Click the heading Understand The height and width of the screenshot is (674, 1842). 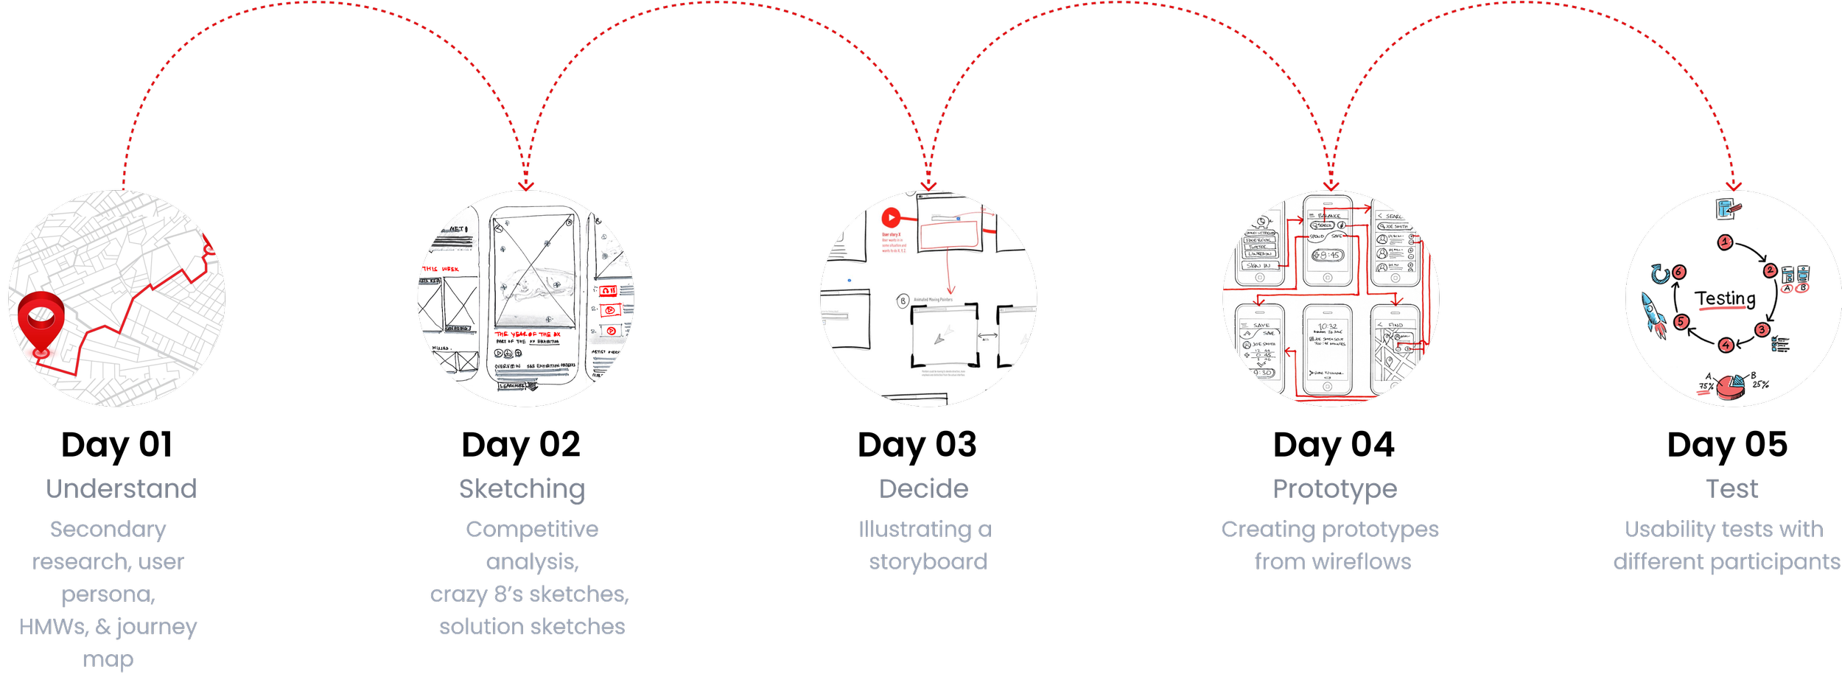click(x=121, y=489)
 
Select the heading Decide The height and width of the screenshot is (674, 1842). click(x=923, y=489)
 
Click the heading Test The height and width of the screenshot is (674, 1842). click(x=1731, y=489)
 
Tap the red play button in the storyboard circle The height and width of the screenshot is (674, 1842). click(x=891, y=217)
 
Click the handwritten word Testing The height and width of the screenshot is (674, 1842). click(x=1725, y=298)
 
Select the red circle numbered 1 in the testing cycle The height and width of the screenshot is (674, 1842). click(x=1724, y=242)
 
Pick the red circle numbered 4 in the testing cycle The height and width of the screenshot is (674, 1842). click(x=1726, y=345)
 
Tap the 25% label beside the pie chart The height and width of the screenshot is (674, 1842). click(x=1760, y=384)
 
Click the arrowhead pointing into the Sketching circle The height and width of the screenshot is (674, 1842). click(x=525, y=185)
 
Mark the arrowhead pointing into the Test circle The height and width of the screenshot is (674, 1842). click(x=1734, y=185)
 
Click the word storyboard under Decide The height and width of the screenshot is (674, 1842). click(x=928, y=562)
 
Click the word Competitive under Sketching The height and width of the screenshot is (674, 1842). click(x=532, y=530)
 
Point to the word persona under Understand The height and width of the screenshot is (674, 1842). click(x=108, y=594)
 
